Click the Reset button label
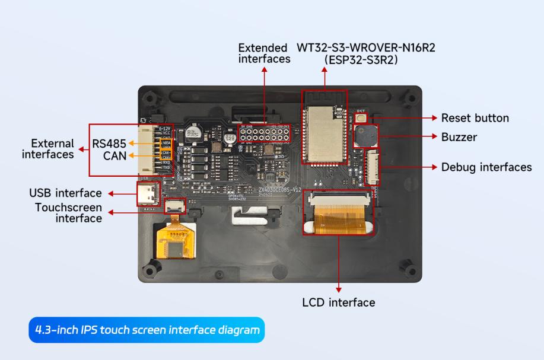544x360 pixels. pyautogui.click(x=475, y=118)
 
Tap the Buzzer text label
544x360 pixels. pyautogui.click(x=459, y=137)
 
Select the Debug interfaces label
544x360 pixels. pyautogui.click(x=486, y=167)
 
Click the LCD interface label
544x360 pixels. pyautogui.click(x=339, y=302)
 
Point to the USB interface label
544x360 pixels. pyautogui.click(x=65, y=193)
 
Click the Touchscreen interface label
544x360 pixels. pyautogui.click(x=68, y=213)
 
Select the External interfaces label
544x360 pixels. pyautogui.click(x=48, y=149)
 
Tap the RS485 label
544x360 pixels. pyautogui.click(x=109, y=143)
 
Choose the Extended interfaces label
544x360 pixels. pyautogui.click(x=264, y=53)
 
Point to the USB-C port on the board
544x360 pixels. pyautogui.click(x=147, y=193)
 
